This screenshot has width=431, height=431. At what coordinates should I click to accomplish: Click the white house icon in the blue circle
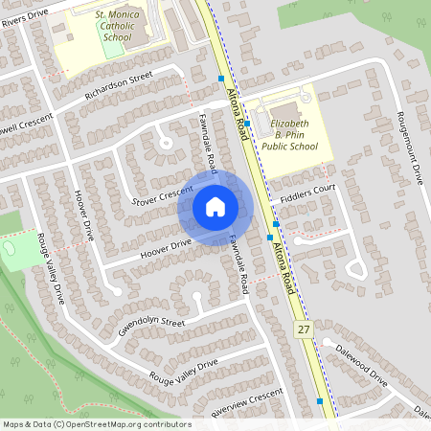click(x=215, y=207)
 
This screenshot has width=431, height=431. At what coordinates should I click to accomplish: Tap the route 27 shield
click(x=302, y=329)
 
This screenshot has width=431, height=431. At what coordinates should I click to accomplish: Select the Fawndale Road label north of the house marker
click(x=208, y=139)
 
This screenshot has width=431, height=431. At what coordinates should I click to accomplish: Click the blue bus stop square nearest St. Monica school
click(x=221, y=79)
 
